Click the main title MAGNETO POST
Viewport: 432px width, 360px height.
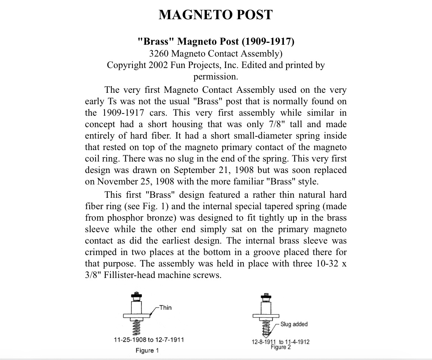point(216,15)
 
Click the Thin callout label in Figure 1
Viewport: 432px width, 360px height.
point(165,308)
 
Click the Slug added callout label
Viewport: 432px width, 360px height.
point(294,324)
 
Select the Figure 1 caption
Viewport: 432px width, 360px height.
point(147,350)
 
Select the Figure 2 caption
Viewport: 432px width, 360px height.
point(281,347)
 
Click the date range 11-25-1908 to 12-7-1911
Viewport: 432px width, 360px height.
point(149,339)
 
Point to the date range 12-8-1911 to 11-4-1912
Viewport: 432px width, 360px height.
point(281,342)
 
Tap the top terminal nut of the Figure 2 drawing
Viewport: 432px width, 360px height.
point(264,296)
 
